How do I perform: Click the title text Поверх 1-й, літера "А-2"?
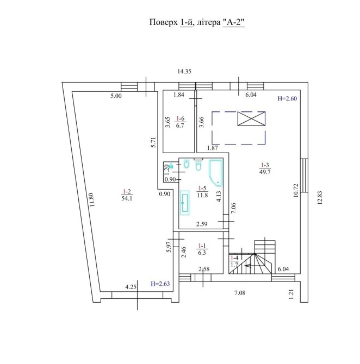tap(197, 22)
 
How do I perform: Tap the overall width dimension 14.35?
tap(184, 72)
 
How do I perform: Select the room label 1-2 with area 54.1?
tap(127, 195)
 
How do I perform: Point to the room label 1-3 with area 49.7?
tap(265, 168)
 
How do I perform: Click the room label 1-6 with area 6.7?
tap(180, 122)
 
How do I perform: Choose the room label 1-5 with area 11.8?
tap(202, 192)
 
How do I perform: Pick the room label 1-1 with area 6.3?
tap(202, 249)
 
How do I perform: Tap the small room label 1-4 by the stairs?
tap(234, 261)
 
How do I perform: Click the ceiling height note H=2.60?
tap(287, 99)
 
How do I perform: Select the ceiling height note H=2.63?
tap(160, 284)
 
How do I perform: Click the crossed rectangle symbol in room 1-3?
tap(251, 118)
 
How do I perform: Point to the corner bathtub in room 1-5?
tap(216, 173)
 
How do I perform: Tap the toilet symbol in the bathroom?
tap(198, 166)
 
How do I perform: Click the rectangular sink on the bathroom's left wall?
tap(185, 203)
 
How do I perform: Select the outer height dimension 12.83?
tap(320, 198)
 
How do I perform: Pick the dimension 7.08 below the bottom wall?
tap(240, 293)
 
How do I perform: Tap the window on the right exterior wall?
tap(304, 175)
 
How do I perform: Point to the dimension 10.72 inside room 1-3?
tap(296, 190)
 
